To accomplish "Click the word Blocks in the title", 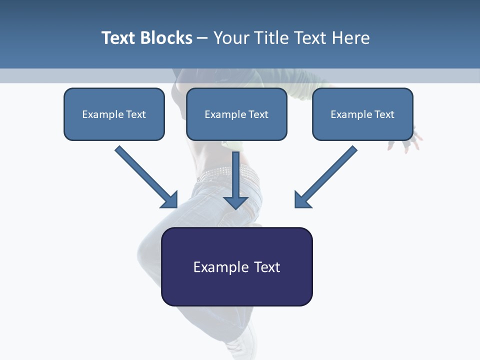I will tap(165, 38).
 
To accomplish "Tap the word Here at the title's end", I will tap(351, 38).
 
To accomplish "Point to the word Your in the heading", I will tap(231, 38).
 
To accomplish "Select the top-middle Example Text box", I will tap(236, 128).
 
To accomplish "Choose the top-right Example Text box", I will tap(362, 128).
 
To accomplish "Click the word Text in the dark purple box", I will tap(267, 267).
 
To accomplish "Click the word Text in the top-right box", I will tap(384, 114).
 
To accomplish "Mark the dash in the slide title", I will tap(202, 38).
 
